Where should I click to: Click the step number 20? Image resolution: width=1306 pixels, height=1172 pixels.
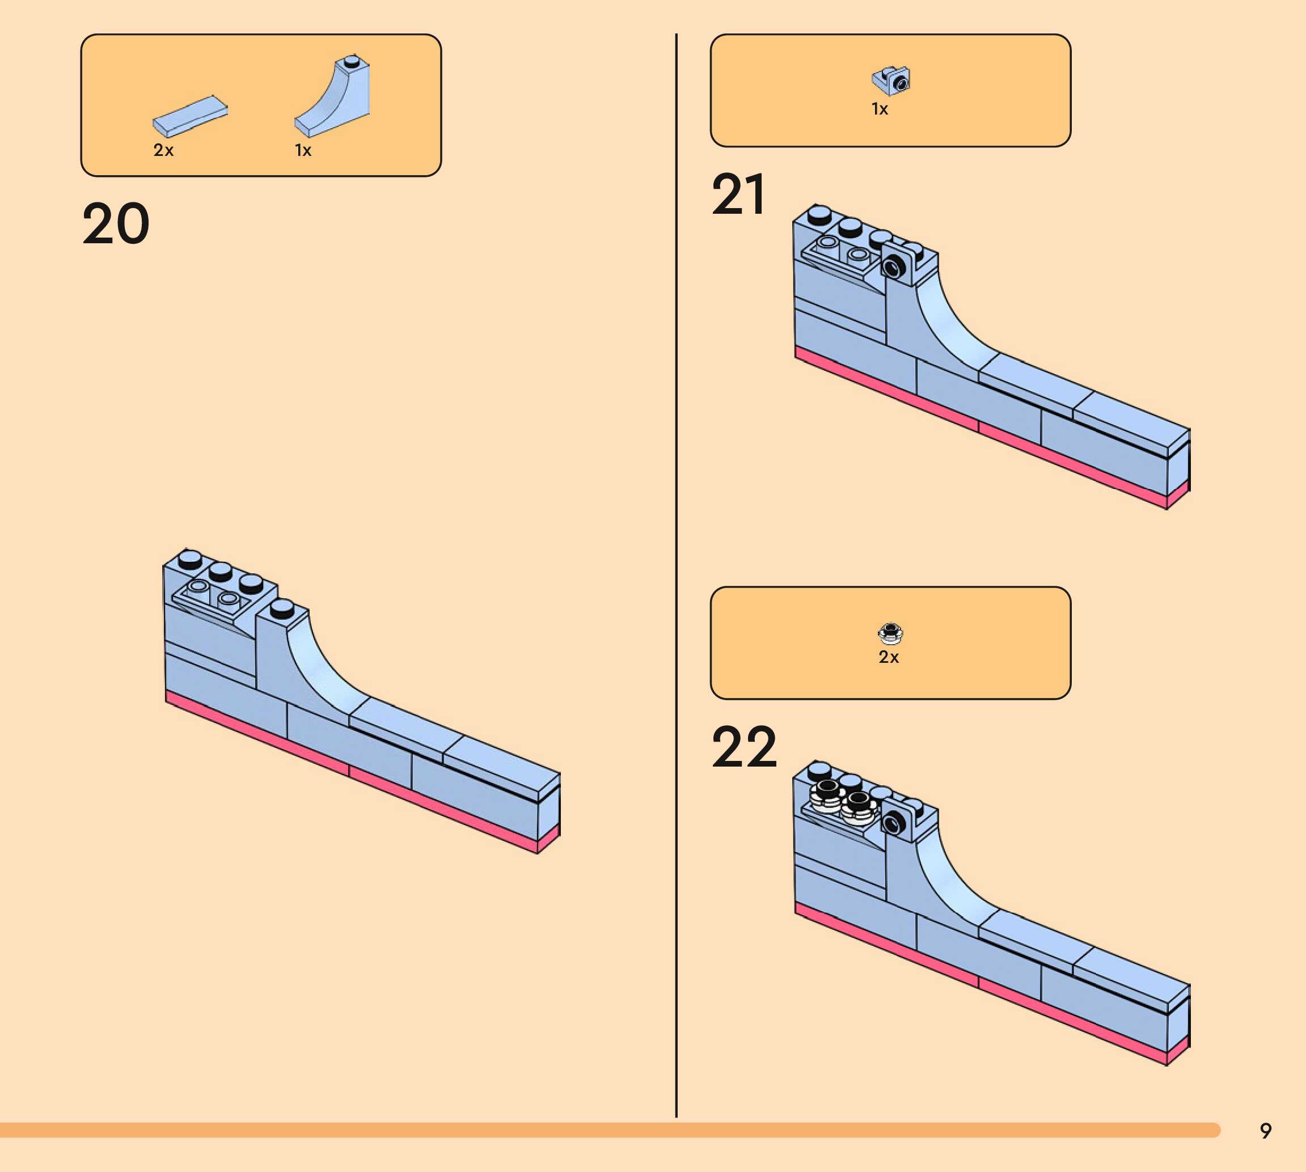116,224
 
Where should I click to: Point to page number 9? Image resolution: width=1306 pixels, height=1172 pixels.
1265,1131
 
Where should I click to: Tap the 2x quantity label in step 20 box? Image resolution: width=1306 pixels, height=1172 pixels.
163,150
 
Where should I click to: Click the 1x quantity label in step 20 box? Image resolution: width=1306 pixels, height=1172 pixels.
303,150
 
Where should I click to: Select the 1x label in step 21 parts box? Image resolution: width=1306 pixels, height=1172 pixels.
880,109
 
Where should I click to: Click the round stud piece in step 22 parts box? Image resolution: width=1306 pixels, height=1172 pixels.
890,634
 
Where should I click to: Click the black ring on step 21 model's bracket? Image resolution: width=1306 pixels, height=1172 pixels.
892,266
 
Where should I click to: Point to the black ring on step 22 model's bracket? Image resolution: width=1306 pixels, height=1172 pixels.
892,823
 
